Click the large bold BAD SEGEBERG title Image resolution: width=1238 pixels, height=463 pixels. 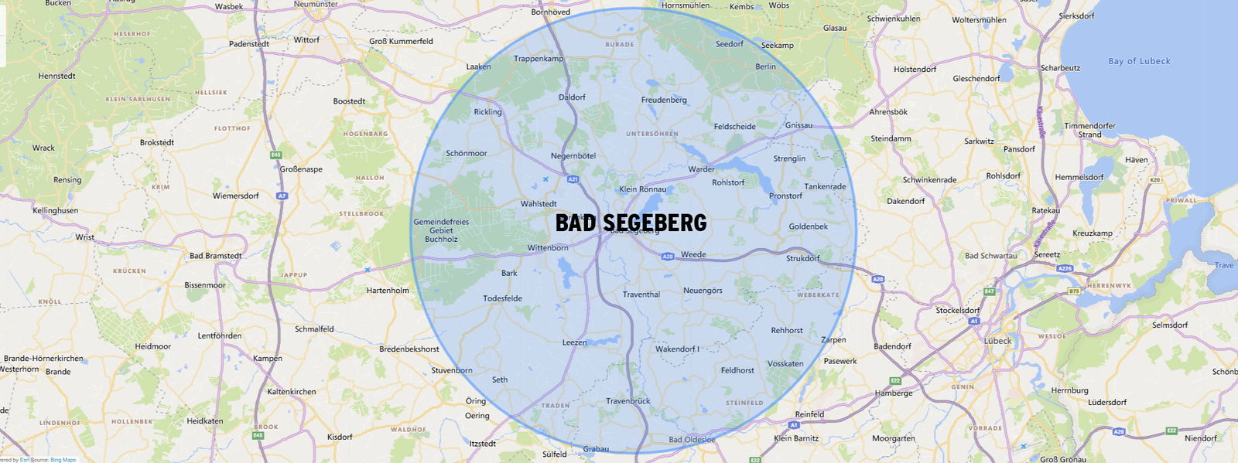point(631,223)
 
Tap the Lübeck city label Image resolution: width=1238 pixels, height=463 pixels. point(997,340)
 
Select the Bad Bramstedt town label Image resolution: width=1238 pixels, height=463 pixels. point(215,256)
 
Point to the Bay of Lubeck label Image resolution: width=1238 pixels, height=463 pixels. point(1139,61)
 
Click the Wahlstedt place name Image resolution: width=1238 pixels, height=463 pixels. point(538,204)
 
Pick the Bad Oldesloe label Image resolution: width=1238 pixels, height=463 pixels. point(692,440)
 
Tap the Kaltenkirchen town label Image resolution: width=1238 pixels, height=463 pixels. point(291,392)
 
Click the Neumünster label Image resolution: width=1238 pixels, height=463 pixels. point(316,5)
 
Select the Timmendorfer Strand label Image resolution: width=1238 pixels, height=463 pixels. point(1089,130)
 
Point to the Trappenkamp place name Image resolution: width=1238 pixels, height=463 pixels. point(539,59)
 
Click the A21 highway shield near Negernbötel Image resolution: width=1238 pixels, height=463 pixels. point(573,179)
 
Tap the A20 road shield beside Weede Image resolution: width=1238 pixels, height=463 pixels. point(668,256)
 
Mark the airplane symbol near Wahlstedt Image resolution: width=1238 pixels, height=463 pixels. point(545,180)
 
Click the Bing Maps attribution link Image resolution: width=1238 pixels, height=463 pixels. point(63,460)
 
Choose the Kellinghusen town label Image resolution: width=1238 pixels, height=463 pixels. point(55,210)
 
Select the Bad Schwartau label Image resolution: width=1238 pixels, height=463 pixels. point(990,256)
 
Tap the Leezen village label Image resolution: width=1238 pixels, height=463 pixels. point(574,342)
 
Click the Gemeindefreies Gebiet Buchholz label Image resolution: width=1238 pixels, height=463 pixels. point(441,230)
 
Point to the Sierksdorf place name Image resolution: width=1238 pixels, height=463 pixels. point(1076,16)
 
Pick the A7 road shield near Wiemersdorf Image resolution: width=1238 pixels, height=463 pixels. point(282,196)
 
